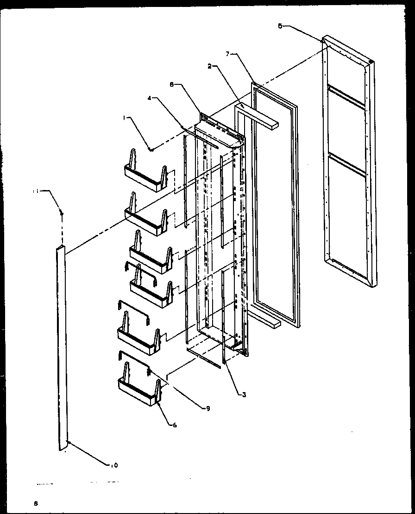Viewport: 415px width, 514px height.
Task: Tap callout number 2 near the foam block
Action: (x=210, y=66)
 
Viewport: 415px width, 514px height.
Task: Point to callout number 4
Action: (x=150, y=98)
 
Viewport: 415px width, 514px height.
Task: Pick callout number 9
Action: (x=208, y=408)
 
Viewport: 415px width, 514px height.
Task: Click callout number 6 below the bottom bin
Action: (x=174, y=425)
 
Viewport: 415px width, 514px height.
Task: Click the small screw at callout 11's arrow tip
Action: (x=62, y=214)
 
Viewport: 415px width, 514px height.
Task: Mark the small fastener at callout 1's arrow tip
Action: (x=151, y=149)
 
